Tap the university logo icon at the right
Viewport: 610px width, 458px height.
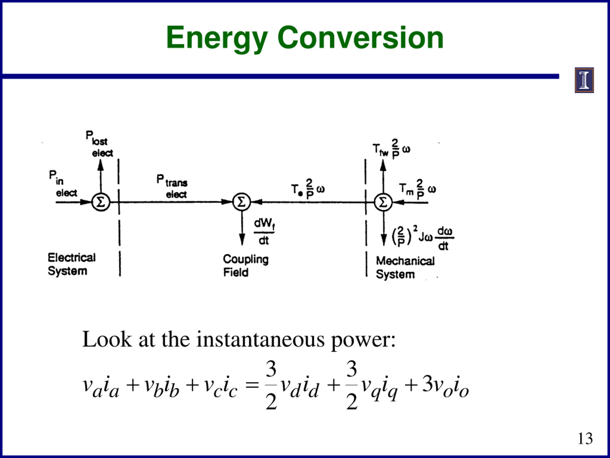point(584,80)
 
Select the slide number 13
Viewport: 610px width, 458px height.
point(585,438)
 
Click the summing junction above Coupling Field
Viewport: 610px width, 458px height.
point(242,202)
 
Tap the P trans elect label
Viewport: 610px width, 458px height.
point(172,186)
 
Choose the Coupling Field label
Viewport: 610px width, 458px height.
point(245,265)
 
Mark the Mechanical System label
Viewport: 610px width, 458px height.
point(405,267)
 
